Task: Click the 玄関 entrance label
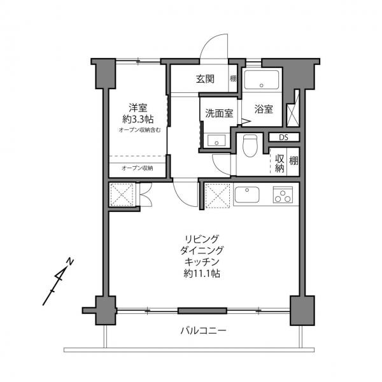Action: [205, 80]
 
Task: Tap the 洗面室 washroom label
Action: [218, 113]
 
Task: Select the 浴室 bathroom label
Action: [264, 109]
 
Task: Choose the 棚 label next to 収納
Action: [293, 161]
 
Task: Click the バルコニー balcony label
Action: [204, 331]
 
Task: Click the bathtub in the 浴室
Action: [262, 81]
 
